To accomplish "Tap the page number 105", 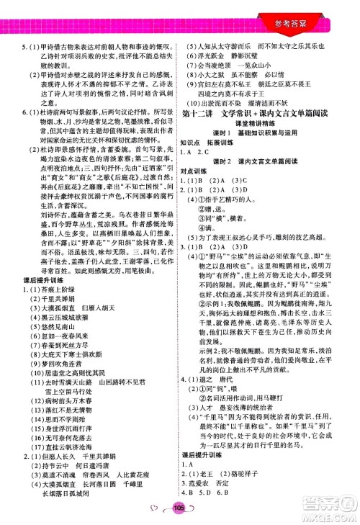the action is [179, 510].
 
